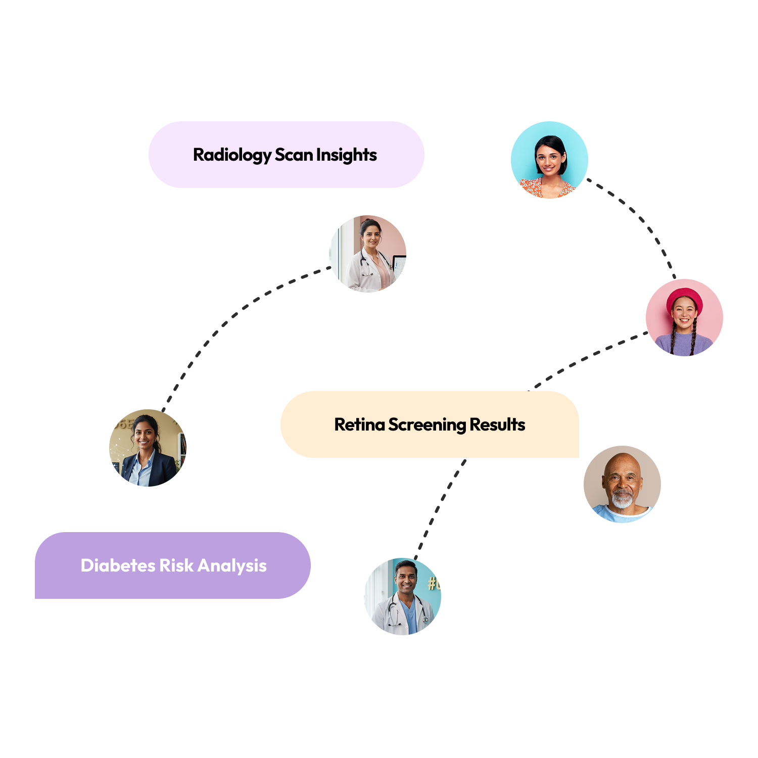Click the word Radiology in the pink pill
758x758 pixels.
[x=232, y=155]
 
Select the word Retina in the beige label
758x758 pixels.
[x=359, y=424]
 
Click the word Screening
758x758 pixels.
[x=428, y=425]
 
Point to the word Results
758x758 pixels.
[x=497, y=424]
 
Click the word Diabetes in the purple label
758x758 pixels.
[x=118, y=565]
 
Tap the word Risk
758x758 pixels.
[x=176, y=565]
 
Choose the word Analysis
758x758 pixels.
[x=232, y=566]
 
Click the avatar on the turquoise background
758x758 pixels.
[x=549, y=160]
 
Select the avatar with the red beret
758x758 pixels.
[x=684, y=317]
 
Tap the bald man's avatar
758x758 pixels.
[x=622, y=484]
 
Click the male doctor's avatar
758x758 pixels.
[x=403, y=596]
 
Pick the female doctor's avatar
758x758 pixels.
[x=368, y=254]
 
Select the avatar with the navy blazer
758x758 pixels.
[x=148, y=448]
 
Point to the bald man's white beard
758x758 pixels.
[x=622, y=500]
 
